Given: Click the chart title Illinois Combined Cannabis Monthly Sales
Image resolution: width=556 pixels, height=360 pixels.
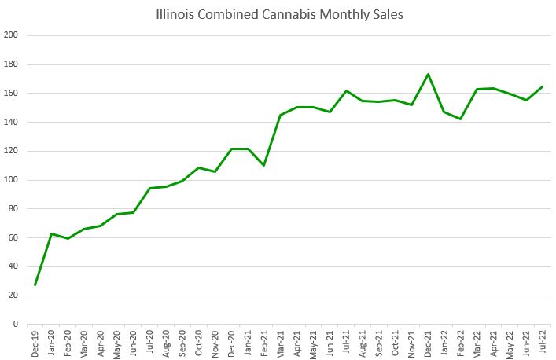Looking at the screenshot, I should (279, 14).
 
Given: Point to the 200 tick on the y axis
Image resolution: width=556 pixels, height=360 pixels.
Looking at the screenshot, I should (11, 35).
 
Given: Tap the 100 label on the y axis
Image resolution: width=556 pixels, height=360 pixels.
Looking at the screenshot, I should (11, 180).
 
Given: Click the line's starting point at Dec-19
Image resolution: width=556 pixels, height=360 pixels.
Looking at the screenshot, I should (35, 285).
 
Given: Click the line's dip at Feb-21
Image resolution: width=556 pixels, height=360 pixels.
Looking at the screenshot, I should (264, 165).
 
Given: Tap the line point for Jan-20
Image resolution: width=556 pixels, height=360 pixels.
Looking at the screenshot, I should (51, 233).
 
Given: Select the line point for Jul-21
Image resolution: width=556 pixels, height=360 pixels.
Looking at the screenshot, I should (346, 90).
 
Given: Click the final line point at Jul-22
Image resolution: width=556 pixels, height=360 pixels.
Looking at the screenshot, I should (543, 86).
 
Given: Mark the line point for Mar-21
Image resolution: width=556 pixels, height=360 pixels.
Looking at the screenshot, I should (281, 115).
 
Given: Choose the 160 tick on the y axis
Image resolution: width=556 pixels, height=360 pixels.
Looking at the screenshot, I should (11, 94).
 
